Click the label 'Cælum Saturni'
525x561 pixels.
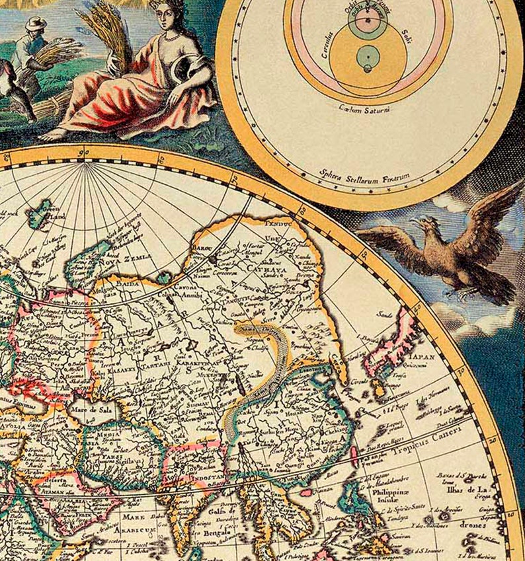363,108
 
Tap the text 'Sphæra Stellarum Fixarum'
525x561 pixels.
365,176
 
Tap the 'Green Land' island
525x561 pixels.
42,213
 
